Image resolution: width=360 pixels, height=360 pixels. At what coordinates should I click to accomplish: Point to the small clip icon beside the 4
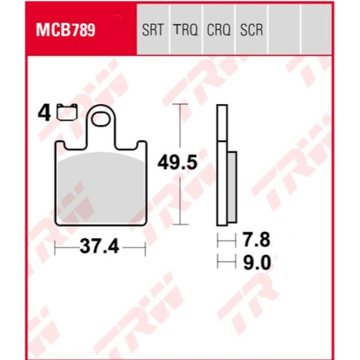pyautogui.click(x=67, y=112)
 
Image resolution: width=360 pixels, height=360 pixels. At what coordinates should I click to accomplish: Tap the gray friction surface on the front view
pyautogui.click(x=101, y=186)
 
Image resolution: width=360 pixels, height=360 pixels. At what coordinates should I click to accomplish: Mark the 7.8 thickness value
pyautogui.click(x=256, y=241)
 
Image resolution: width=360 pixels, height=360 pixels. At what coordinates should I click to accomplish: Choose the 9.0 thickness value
pyautogui.click(x=256, y=262)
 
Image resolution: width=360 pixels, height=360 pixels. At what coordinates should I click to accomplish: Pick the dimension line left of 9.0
pyautogui.click(x=226, y=262)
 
